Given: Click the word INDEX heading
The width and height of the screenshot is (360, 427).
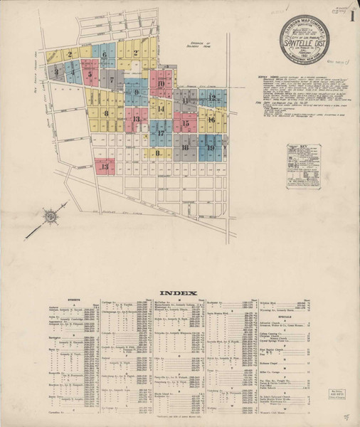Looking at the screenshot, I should [174, 293].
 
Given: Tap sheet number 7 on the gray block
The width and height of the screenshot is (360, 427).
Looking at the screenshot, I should [111, 80].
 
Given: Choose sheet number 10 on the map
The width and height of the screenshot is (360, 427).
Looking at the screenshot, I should [161, 85].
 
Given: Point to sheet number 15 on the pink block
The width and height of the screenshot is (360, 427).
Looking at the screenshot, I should [185, 123].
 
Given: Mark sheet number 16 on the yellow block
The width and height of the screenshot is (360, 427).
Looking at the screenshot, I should [211, 120].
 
